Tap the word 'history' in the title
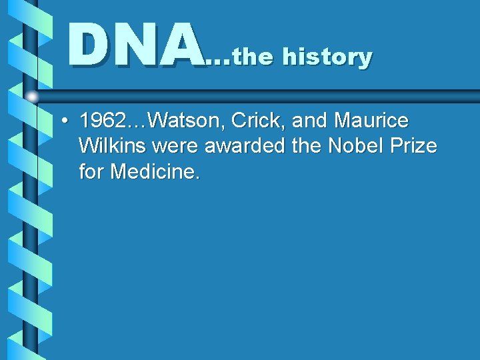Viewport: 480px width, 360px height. pyautogui.click(x=327, y=57)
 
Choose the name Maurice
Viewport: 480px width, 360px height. pyautogui.click(x=371, y=121)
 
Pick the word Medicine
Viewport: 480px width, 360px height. pyautogui.click(x=155, y=172)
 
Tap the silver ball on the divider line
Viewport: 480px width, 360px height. pyautogui.click(x=32, y=97)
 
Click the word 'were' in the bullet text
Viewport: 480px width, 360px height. pyautogui.click(x=173, y=147)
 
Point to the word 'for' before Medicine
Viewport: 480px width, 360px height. pyautogui.click(x=92, y=172)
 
